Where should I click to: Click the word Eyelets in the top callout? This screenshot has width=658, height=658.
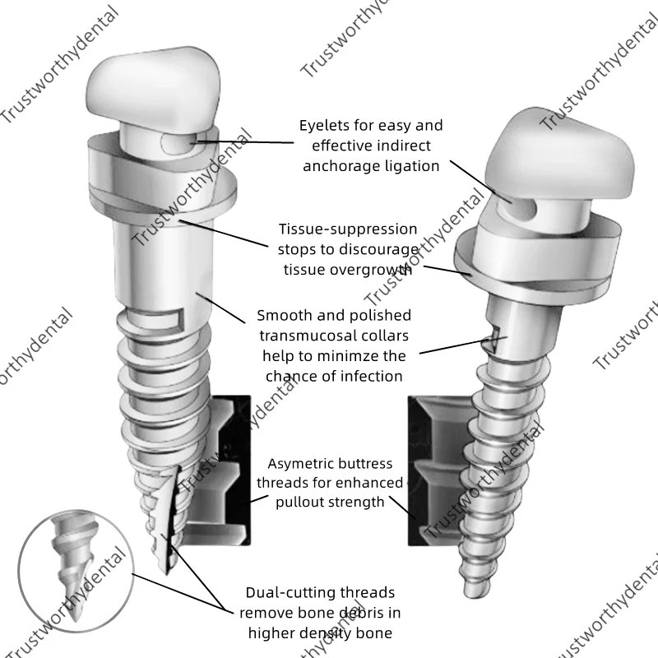point(324,126)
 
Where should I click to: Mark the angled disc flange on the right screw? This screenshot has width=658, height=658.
point(535,263)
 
